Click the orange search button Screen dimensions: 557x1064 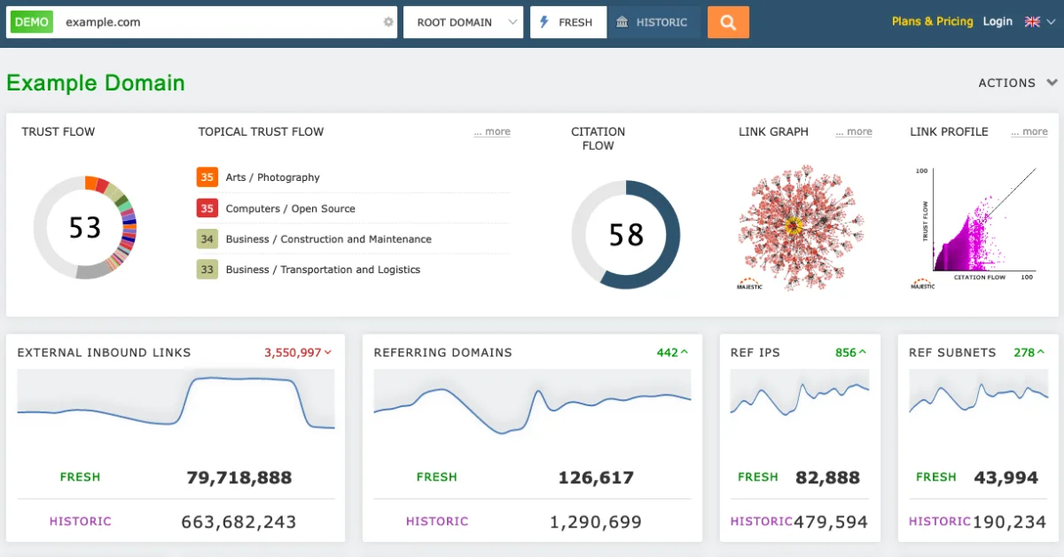click(x=728, y=22)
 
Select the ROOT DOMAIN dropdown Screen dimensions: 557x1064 click(x=463, y=22)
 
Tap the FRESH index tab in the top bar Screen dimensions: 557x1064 click(x=568, y=22)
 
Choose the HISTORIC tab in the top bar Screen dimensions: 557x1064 click(x=653, y=22)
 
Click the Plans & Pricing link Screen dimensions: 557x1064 click(x=932, y=21)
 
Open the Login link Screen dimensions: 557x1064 click(x=997, y=21)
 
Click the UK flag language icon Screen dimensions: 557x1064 click(x=1033, y=21)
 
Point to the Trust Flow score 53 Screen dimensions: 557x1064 click(x=85, y=228)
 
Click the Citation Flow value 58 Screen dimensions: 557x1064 click(x=626, y=235)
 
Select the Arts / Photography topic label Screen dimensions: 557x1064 click(x=272, y=177)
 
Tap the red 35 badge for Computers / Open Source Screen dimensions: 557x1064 click(x=207, y=208)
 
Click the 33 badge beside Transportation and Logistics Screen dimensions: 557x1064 click(x=207, y=270)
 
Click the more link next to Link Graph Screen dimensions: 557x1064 click(x=854, y=132)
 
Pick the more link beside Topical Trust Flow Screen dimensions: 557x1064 click(x=492, y=132)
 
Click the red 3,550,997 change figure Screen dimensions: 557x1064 click(x=293, y=352)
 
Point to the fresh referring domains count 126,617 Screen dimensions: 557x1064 click(x=596, y=478)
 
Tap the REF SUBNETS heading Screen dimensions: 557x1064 click(x=952, y=352)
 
